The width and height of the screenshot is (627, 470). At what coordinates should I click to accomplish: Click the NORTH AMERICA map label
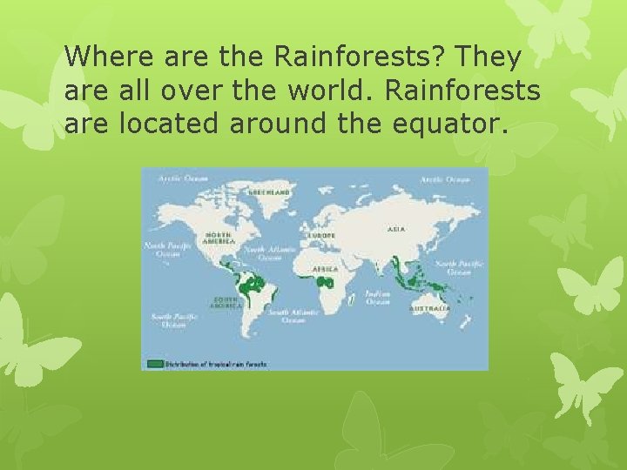[x=218, y=238]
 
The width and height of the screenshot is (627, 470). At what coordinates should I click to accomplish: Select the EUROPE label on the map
[x=321, y=235]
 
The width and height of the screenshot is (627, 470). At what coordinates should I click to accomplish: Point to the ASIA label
[x=396, y=230]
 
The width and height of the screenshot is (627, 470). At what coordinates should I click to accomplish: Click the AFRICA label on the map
[x=327, y=270]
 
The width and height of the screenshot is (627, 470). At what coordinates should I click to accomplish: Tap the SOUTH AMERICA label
[x=225, y=303]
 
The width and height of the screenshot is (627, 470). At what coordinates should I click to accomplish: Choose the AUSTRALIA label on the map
[x=431, y=308]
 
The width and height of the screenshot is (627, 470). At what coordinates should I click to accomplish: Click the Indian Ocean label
[x=377, y=298]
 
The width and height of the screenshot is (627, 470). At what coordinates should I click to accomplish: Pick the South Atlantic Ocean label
[x=293, y=316]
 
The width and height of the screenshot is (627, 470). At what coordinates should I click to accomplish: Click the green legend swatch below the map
[x=155, y=363]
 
